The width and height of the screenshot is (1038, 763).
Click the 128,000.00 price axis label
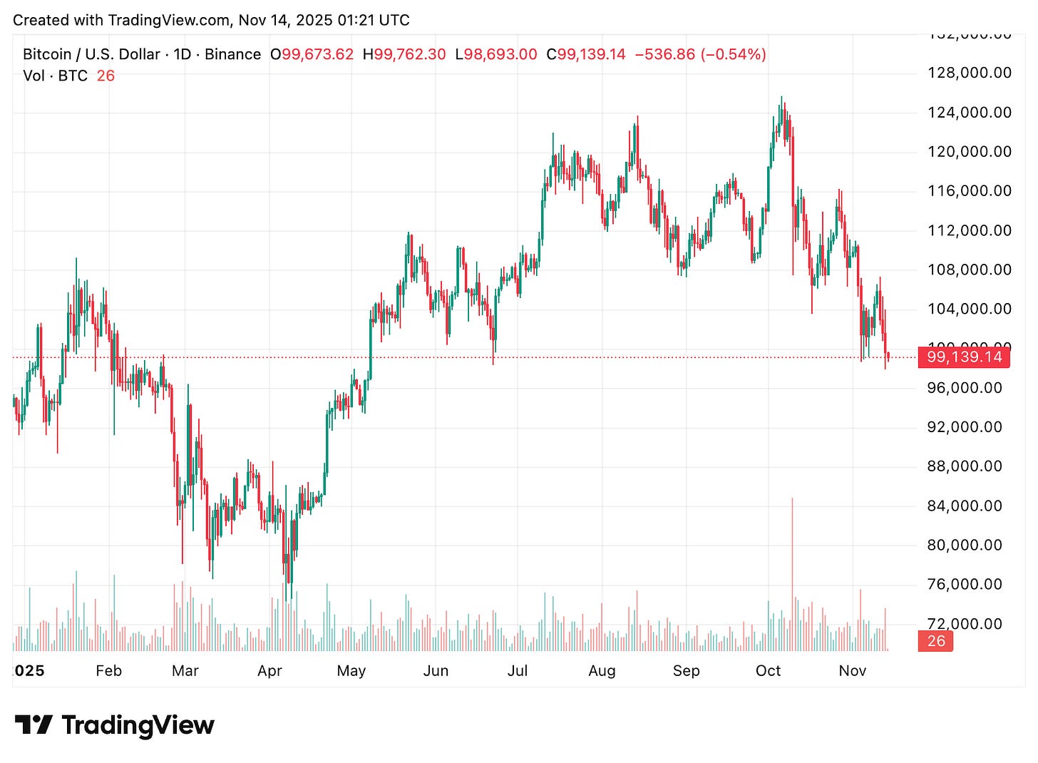point(969,73)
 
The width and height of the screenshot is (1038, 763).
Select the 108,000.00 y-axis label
point(969,270)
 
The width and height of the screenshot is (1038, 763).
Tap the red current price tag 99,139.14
point(964,357)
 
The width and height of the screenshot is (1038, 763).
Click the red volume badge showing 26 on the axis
point(935,641)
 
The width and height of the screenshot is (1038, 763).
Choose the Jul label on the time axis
point(517,671)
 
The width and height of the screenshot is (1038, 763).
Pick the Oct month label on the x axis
point(768,671)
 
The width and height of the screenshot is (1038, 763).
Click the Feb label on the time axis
point(108,671)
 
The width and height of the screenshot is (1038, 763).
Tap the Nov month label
point(852,671)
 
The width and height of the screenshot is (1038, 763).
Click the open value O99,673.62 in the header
point(312,54)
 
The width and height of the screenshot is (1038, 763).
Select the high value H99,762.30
point(404,54)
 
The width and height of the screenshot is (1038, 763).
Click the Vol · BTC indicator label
point(55,76)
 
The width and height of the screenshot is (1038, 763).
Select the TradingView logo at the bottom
point(114,725)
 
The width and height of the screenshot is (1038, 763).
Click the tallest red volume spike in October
point(792,542)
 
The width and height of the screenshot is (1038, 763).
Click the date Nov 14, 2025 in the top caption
point(284,20)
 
